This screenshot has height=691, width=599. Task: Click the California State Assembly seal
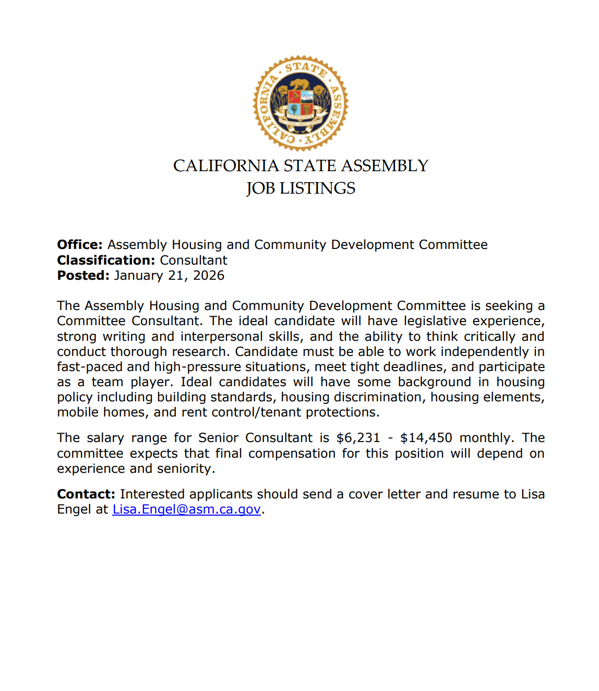pos(301,103)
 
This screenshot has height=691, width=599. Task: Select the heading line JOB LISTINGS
pos(301,188)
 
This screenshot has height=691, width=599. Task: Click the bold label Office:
pos(80,245)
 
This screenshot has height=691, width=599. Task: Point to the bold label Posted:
pos(83,276)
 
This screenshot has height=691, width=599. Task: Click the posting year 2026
pos(209,276)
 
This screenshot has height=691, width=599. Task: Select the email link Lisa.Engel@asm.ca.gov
pos(186,509)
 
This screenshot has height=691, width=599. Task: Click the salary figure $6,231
pos(358,438)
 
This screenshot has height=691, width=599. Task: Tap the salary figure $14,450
pos(426,438)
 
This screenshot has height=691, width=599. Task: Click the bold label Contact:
pos(86,494)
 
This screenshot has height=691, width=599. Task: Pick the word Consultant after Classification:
pos(194,260)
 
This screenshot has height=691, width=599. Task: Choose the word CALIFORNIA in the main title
pos(226,166)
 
